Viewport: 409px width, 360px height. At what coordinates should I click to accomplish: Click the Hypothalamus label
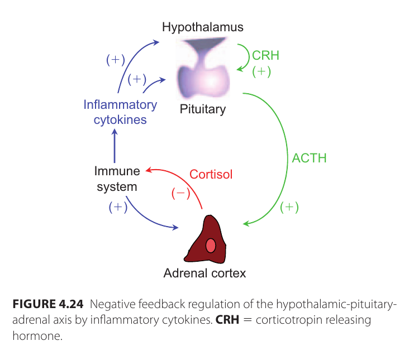tap(203, 27)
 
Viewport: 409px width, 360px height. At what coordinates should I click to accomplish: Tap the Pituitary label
tap(202, 109)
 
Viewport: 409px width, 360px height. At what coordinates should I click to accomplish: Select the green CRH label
tap(265, 56)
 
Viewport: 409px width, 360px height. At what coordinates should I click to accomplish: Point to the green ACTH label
tap(309, 158)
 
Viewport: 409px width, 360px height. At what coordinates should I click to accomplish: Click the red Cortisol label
tap(211, 174)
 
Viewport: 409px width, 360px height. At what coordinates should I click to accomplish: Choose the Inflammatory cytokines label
tap(120, 112)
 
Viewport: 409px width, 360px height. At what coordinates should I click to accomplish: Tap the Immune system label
tap(116, 179)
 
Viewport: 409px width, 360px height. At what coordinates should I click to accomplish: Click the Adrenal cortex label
tap(204, 273)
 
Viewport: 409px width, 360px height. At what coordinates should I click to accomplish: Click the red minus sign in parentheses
tap(180, 193)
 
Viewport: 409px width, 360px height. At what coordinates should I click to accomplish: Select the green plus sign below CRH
tap(261, 71)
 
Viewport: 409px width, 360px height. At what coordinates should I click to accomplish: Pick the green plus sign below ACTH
tap(289, 207)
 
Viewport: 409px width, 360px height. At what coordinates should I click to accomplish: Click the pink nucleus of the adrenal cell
tap(211, 245)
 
